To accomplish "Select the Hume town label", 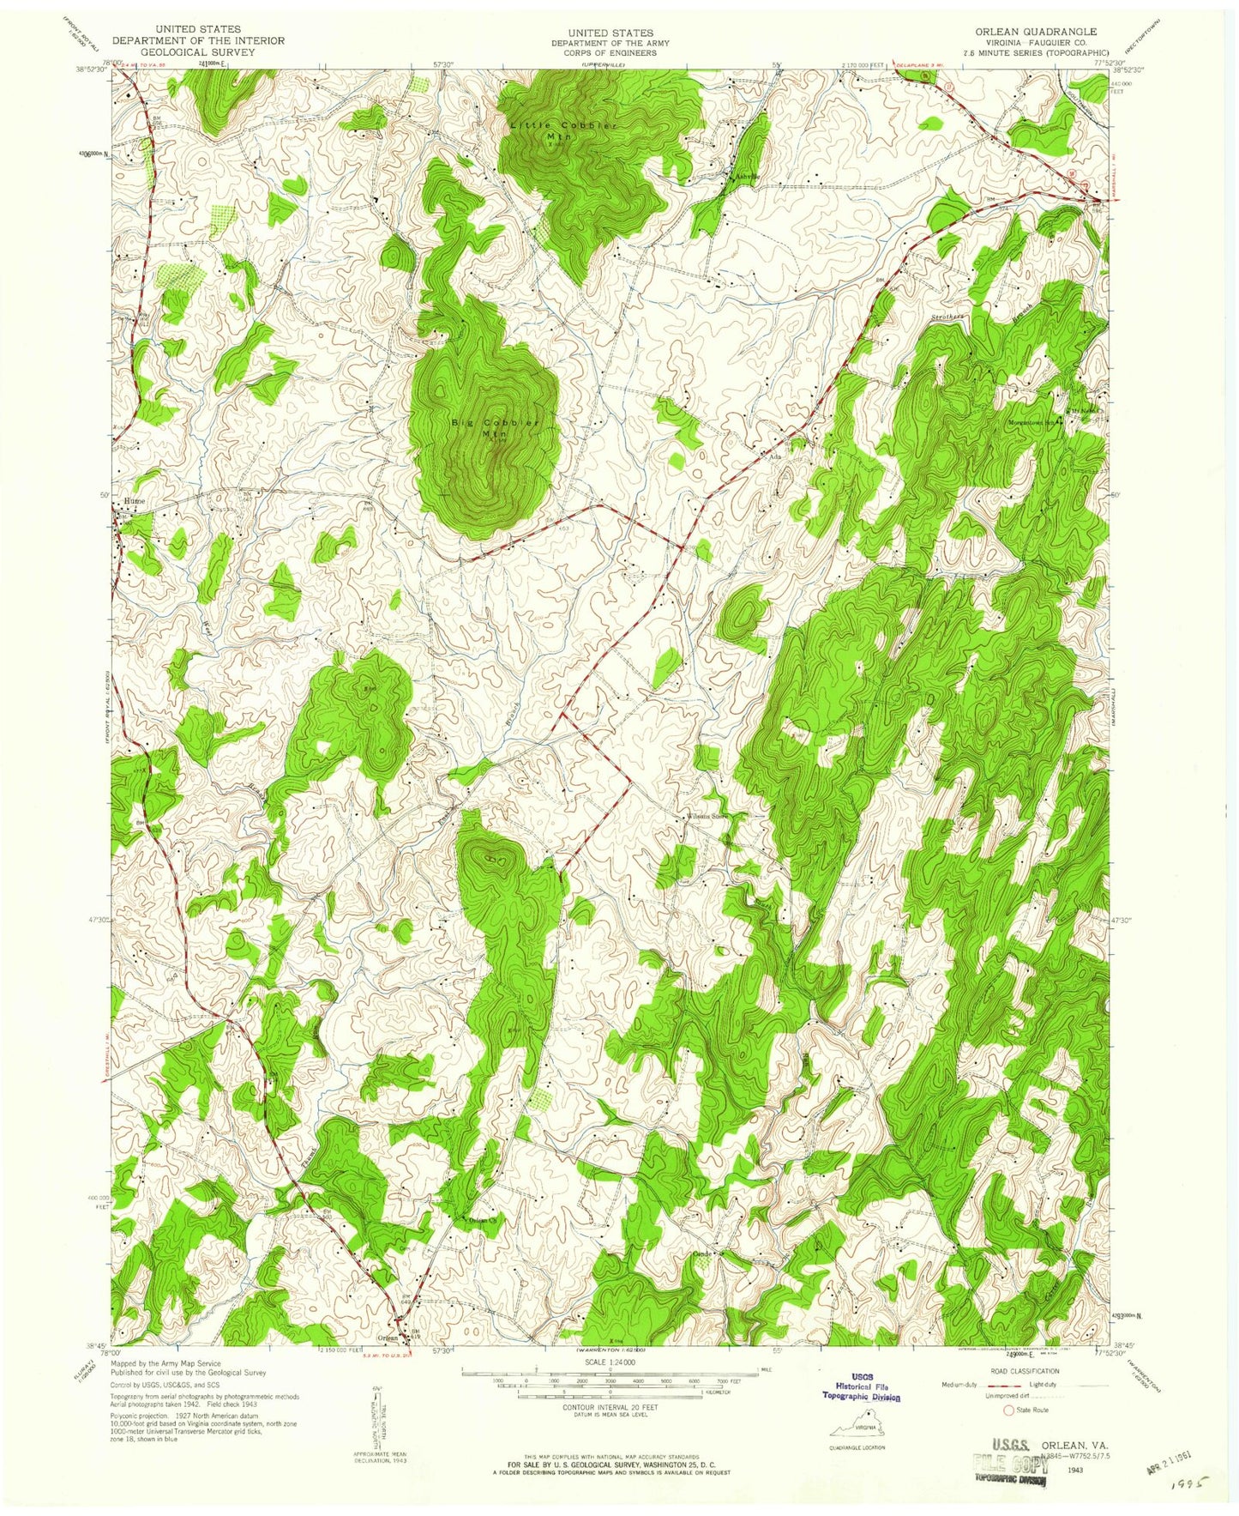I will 134,500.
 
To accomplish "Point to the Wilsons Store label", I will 706,816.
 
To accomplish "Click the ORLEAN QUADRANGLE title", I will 1034,31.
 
